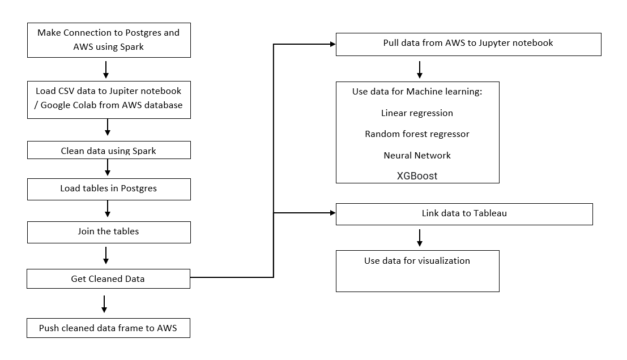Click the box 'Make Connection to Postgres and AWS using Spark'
click(x=109, y=40)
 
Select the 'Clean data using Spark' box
click(x=109, y=151)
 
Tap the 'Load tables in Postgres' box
click(x=109, y=188)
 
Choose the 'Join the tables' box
click(x=109, y=232)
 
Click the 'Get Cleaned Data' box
click(x=109, y=278)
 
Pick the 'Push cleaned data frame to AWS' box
click(x=108, y=328)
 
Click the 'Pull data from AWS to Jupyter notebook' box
click(x=468, y=44)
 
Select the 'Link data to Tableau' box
click(x=464, y=214)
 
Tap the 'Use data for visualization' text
click(x=417, y=261)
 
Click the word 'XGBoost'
click(x=417, y=176)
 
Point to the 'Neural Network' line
click(x=417, y=155)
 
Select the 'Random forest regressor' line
click(x=417, y=134)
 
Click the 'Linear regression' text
click(x=417, y=113)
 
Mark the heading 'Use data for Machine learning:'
click(x=417, y=92)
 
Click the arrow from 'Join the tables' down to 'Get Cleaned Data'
click(x=106, y=255)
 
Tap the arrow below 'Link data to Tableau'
click(x=420, y=238)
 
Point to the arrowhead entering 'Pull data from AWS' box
click(x=332, y=44)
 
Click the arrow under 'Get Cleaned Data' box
click(x=104, y=303)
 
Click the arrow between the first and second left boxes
click(x=106, y=69)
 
